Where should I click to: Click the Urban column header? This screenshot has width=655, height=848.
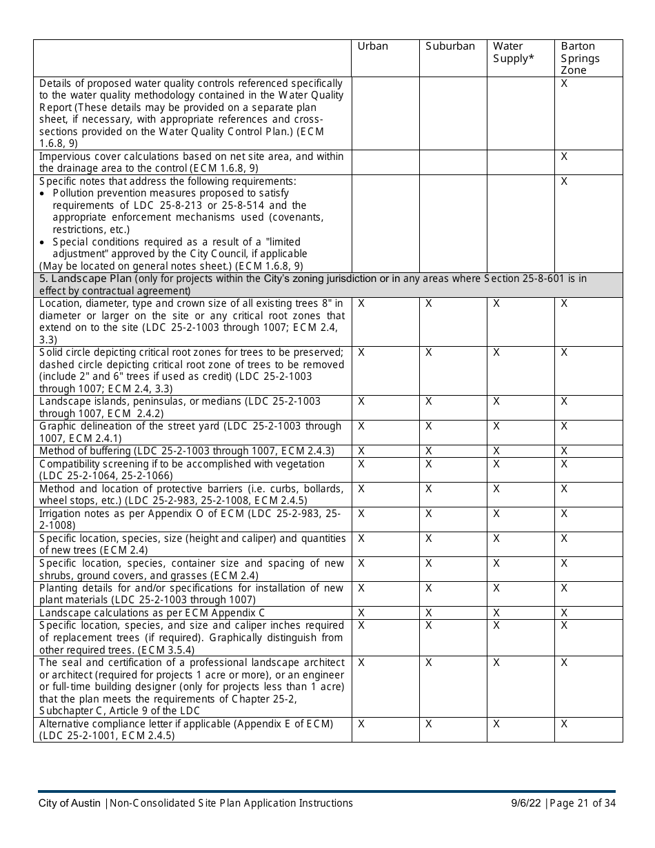372,46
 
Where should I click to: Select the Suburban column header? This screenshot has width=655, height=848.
450,46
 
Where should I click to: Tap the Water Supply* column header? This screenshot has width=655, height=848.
513,52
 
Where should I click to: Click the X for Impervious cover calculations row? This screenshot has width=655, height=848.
564,157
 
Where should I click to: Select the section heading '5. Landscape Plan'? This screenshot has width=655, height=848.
85,279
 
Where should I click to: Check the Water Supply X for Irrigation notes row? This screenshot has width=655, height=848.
496,514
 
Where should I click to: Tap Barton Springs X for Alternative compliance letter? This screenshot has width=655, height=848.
564,724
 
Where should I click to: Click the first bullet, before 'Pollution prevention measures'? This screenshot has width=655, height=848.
44,194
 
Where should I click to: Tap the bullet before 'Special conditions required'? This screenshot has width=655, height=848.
44,243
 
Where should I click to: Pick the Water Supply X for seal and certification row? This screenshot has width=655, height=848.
496,663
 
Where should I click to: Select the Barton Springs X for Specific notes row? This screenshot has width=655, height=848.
564,181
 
